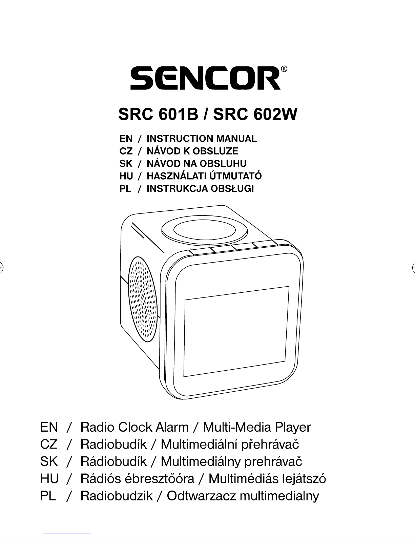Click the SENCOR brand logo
(x=205, y=78)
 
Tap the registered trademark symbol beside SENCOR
(x=285, y=69)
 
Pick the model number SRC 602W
(x=255, y=115)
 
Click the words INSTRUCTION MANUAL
(x=202, y=139)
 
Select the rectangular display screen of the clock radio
(x=236, y=331)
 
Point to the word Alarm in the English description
(x=172, y=427)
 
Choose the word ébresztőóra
(x=160, y=479)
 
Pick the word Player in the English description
(x=293, y=427)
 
